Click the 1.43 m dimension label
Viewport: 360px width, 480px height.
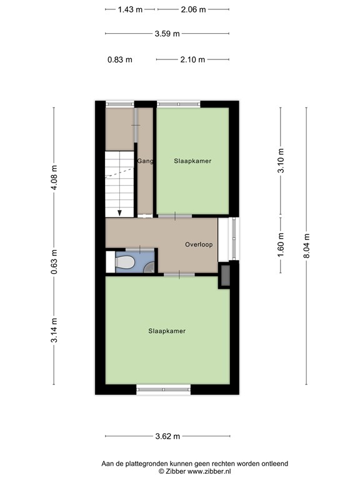coord(130,10)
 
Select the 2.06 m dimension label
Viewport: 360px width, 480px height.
coord(192,10)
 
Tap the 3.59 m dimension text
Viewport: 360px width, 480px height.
coord(167,34)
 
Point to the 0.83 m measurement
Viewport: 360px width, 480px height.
coord(120,60)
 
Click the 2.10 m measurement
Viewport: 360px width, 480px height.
coord(192,60)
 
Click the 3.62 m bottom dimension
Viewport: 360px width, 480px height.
coord(167,436)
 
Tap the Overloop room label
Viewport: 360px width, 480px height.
coord(199,244)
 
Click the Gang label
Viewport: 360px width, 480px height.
coord(144,161)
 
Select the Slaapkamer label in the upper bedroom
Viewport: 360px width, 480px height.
coord(192,161)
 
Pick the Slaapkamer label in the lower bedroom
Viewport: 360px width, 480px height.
coord(167,331)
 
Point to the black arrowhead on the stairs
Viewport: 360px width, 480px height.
coord(120,212)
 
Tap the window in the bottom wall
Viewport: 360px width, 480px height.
coord(163,390)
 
